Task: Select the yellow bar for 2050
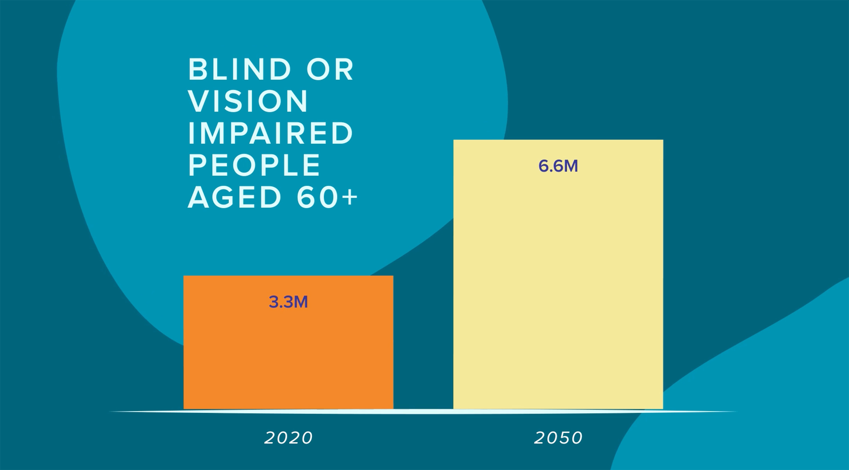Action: tap(558, 283)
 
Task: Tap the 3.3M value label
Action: tap(288, 302)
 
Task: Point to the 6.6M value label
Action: tap(558, 166)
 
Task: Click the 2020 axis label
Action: tap(288, 438)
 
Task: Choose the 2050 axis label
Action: tap(558, 438)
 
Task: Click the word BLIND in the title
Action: tap(240, 69)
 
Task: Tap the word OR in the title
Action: tap(330, 69)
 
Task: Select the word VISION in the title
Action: tap(248, 101)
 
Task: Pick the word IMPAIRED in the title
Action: tap(271, 133)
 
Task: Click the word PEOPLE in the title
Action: tap(254, 165)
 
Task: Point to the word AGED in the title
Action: tap(235, 197)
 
